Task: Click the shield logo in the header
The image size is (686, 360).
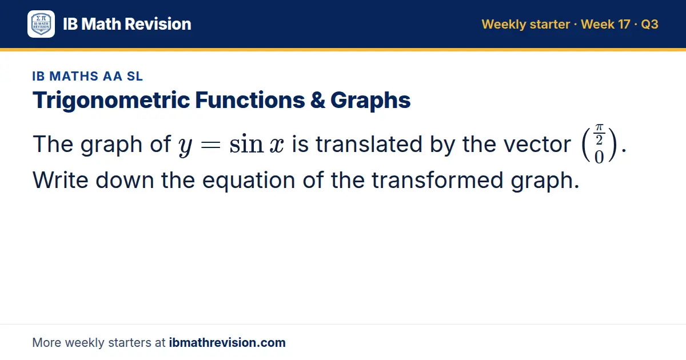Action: (41, 24)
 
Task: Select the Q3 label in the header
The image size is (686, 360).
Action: (649, 24)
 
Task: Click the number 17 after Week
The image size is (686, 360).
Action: (624, 24)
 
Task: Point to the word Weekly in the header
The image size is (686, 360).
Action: (504, 25)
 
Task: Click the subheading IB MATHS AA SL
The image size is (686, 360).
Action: (87, 76)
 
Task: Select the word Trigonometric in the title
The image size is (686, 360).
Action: (111, 101)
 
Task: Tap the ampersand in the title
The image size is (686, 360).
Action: (318, 100)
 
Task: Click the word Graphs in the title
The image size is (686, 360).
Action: (370, 101)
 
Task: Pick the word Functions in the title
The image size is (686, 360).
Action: (250, 100)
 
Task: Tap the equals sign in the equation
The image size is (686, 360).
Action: (210, 145)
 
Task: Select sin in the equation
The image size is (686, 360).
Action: (246, 144)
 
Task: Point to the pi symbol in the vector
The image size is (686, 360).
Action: (599, 127)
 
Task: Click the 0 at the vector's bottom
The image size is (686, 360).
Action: (599, 157)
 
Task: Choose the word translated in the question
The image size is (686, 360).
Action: (369, 144)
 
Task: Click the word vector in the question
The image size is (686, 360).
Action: (537, 144)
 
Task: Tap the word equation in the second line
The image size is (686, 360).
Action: (249, 181)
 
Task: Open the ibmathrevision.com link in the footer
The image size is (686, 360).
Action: (228, 342)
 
